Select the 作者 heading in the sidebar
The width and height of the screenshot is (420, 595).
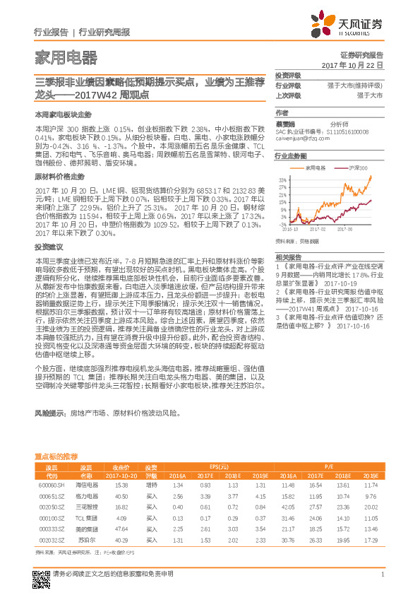coord(282,112)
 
